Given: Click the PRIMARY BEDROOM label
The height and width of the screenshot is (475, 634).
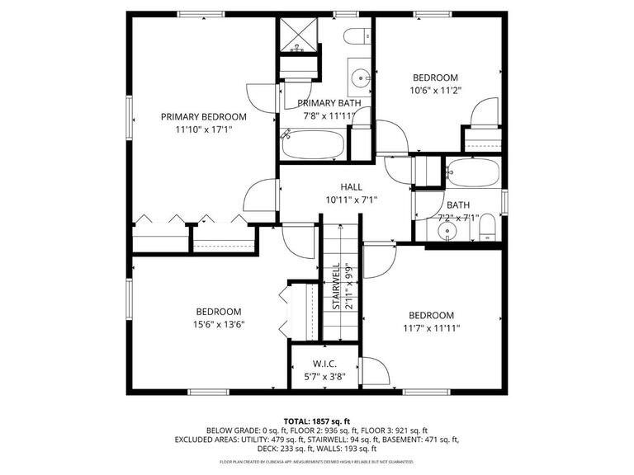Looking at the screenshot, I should pos(204,117).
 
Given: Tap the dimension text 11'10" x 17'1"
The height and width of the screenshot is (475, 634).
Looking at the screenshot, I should pos(204,129).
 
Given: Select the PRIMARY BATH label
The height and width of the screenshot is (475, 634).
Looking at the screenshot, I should pos(329,103).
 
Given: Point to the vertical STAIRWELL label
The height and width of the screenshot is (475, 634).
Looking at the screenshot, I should pos(337,287).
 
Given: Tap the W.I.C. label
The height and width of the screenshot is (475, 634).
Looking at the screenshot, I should pos(324,364).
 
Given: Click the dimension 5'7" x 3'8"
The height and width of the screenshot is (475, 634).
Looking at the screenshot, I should pos(324,377).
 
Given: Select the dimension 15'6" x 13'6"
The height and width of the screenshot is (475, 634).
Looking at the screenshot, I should pos(219,324).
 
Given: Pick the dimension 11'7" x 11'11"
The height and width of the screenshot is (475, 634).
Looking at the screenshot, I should pos(431,327).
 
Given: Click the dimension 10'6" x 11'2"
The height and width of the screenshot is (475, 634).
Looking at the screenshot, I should pos(435,91).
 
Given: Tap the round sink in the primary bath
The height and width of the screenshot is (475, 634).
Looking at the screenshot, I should pos(361,79).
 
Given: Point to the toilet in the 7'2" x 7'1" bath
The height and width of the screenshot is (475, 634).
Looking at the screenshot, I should pos(487,228).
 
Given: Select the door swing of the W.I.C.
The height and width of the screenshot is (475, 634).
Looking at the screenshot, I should pos(373,371).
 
